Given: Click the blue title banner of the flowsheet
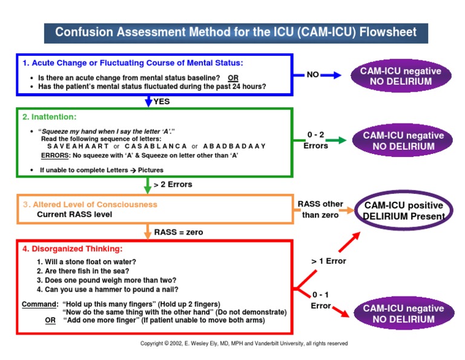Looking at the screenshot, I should click(236, 32).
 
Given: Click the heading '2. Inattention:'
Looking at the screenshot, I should click(49, 116).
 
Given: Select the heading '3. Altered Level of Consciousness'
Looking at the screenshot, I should click(90, 204).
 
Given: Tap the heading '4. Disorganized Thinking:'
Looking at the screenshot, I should click(71, 248).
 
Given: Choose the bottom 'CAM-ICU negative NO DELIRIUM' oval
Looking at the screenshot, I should click(403, 313).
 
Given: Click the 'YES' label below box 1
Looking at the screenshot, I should click(162, 101).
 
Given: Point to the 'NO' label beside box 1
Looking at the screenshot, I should click(313, 75).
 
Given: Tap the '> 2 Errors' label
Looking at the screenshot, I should click(173, 184).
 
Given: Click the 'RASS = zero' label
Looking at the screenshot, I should click(179, 232).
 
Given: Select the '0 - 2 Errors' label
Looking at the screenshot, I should click(315, 141).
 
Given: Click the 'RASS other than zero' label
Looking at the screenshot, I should click(320, 209).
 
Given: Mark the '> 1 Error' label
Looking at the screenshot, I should click(329, 261).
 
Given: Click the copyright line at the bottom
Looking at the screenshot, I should click(244, 343).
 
